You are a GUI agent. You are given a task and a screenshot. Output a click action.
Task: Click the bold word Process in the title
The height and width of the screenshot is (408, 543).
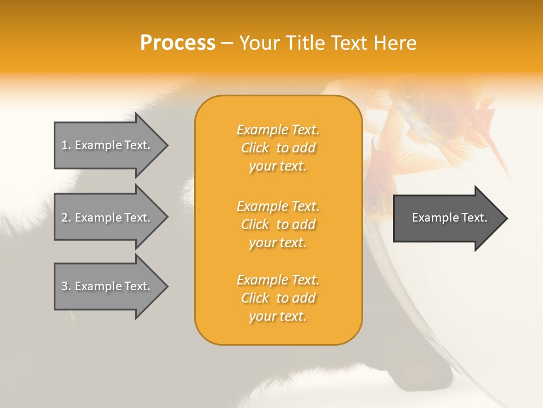178,43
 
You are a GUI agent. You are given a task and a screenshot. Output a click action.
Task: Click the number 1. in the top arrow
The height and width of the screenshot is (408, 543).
66,145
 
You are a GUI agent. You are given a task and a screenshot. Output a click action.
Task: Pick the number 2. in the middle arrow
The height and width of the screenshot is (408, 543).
66,218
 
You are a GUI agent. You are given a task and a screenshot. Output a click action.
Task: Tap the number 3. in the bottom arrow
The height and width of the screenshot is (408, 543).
66,286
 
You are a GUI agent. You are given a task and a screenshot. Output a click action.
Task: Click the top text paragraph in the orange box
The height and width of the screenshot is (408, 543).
278,148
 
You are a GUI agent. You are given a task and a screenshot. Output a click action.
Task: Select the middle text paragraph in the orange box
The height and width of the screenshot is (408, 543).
278,224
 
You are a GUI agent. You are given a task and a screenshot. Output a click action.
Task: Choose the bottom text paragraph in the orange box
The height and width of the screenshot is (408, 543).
278,298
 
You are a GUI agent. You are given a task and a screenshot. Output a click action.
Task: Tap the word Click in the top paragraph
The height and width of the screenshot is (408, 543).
255,148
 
